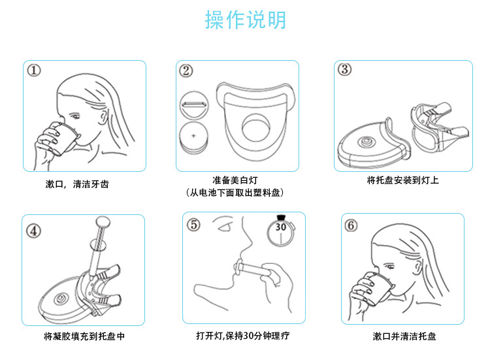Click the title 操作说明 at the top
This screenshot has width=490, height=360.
245,20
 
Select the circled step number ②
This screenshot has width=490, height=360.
186,71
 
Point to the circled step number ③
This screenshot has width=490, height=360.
345,69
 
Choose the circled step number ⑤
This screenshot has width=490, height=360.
193,225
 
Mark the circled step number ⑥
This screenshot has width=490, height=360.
351,225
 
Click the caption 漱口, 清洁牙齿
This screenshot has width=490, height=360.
77,184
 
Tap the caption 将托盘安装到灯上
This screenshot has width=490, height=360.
402,180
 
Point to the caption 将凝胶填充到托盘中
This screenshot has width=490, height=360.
84,336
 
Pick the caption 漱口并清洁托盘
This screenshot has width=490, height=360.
404,336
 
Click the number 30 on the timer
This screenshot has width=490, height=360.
280,227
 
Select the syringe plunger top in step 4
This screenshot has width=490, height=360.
103,220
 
